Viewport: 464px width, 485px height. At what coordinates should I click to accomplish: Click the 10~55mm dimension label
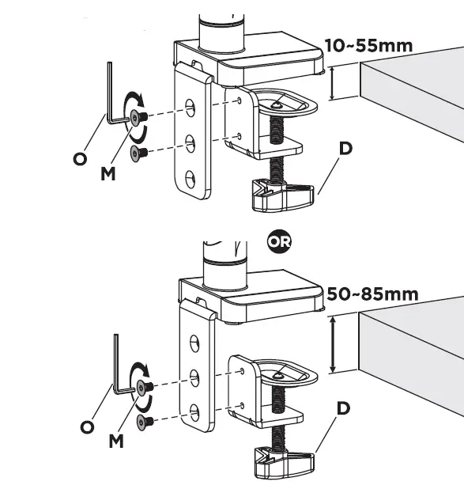pyautogui.click(x=369, y=46)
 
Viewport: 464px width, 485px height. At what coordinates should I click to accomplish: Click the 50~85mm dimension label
pyautogui.click(x=372, y=294)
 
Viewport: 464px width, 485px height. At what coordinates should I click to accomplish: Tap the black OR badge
pyautogui.click(x=279, y=241)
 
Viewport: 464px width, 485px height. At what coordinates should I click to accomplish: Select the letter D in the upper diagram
pyautogui.click(x=345, y=148)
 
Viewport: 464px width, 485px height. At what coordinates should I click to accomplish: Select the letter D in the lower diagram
pyautogui.click(x=343, y=408)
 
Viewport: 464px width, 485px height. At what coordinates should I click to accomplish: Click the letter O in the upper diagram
pyautogui.click(x=80, y=159)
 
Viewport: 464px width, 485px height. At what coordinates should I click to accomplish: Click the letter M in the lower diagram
pyautogui.click(x=116, y=441)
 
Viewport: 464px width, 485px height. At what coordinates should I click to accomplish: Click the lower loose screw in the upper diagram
pyautogui.click(x=138, y=152)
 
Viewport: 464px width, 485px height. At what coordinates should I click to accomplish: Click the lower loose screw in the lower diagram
pyautogui.click(x=145, y=421)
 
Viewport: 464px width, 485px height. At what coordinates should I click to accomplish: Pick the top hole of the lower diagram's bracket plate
pyautogui.click(x=194, y=343)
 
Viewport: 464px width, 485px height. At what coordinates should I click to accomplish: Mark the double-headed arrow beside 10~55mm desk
pyautogui.click(x=331, y=83)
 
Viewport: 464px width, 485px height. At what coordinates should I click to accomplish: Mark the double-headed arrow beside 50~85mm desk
pyautogui.click(x=333, y=345)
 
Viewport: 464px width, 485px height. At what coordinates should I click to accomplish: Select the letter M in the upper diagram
pyautogui.click(x=108, y=173)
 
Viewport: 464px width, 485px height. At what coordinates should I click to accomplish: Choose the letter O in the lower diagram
pyautogui.click(x=87, y=427)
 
